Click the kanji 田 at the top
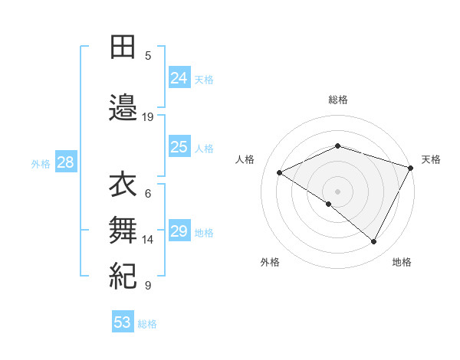pyautogui.click(x=123, y=48)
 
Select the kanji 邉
pyautogui.click(x=123, y=107)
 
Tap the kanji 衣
pyautogui.click(x=123, y=185)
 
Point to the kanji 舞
pyautogui.click(x=123, y=228)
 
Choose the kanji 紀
pyautogui.click(x=123, y=274)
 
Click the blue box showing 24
pyautogui.click(x=179, y=78)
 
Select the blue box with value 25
pyautogui.click(x=179, y=148)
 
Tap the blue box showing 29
pyautogui.click(x=179, y=232)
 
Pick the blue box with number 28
pyautogui.click(x=64, y=163)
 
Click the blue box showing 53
pyautogui.click(x=123, y=322)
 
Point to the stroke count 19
pyautogui.click(x=148, y=117)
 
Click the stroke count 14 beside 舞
pyautogui.click(x=148, y=240)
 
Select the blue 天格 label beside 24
pyautogui.click(x=204, y=79)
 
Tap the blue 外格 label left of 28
pyautogui.click(x=40, y=164)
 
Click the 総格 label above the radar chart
pyautogui.click(x=338, y=100)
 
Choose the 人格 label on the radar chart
pyautogui.click(x=245, y=159)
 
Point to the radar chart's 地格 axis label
pyautogui.click(x=402, y=263)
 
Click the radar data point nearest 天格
pyautogui.click(x=412, y=168)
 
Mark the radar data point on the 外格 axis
pyautogui.click(x=328, y=205)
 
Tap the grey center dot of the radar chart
pyautogui.click(x=337, y=191)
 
